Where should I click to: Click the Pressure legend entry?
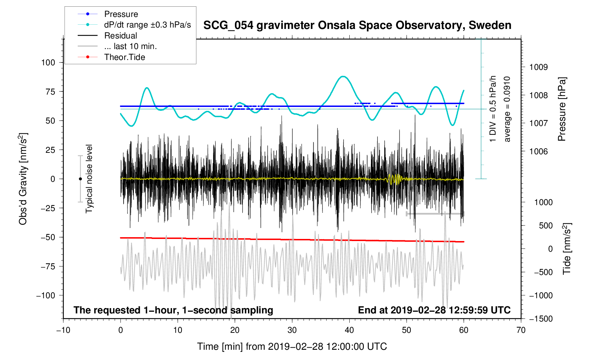[x=121, y=14]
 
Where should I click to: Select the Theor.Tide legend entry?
[x=124, y=57]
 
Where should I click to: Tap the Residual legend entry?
[x=120, y=36]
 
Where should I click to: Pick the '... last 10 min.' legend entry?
[x=130, y=46]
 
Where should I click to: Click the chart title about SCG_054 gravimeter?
[x=357, y=25]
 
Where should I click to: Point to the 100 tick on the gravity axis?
[x=48, y=62]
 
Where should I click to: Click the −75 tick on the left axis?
[x=48, y=266]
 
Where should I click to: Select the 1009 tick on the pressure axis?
[x=538, y=67]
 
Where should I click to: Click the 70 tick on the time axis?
[x=521, y=330]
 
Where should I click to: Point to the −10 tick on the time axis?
[x=63, y=330]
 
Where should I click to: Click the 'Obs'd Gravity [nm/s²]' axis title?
[x=23, y=179]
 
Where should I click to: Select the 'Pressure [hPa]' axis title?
[x=562, y=109]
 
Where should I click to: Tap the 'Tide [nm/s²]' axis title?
[x=567, y=249]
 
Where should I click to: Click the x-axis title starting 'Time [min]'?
[x=292, y=347]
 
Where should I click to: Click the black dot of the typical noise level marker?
[x=80, y=179]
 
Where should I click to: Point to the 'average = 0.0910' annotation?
[x=507, y=109]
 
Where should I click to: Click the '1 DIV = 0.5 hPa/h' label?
[x=493, y=109]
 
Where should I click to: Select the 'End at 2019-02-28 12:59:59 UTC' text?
[x=434, y=310]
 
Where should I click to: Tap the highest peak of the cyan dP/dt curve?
[x=343, y=76]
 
